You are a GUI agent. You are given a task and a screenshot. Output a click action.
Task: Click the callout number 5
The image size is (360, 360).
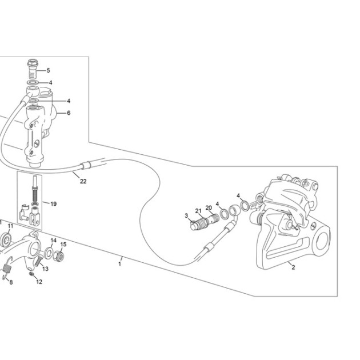48,70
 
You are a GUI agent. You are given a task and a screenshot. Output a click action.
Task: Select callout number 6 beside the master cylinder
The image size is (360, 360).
69,113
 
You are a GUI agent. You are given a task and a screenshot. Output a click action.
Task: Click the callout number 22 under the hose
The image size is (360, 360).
83,181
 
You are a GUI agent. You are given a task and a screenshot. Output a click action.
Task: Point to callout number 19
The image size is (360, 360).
54,204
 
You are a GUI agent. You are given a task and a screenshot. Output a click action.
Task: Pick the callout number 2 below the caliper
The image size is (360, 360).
293,267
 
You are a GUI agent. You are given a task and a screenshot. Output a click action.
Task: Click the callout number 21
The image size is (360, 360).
198,211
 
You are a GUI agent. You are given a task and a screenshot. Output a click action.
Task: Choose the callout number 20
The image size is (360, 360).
209,208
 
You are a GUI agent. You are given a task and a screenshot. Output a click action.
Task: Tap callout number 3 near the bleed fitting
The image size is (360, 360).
186,215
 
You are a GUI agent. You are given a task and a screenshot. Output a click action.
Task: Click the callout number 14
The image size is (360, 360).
54,241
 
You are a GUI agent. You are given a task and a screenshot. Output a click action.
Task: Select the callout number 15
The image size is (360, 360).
63,245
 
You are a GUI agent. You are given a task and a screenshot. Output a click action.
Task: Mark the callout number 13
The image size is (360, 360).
46,269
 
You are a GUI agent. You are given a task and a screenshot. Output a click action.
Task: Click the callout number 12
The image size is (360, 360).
39,282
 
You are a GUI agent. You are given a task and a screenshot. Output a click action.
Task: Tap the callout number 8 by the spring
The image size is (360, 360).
11,282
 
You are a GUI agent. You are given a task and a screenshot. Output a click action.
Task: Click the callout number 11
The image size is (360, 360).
10,226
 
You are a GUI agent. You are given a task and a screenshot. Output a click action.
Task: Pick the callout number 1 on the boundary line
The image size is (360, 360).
119,264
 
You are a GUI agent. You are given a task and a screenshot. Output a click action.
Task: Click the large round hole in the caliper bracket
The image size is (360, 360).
322,241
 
